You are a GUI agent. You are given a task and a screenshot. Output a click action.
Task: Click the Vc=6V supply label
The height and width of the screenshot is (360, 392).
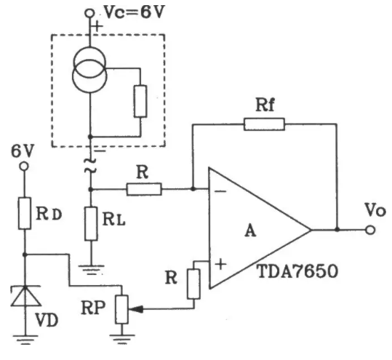point(135,12)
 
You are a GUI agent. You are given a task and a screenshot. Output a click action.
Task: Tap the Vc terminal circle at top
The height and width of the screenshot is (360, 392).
point(89,13)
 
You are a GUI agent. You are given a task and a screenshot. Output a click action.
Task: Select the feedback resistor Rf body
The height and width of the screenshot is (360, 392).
point(264,124)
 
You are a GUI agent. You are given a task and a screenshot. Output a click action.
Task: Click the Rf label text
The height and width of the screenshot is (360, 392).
point(265,105)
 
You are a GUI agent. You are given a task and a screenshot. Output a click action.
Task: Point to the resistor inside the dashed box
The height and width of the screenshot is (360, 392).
point(140,101)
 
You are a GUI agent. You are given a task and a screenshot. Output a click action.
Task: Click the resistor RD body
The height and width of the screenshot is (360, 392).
point(25,213)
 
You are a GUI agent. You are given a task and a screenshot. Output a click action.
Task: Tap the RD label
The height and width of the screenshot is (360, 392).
point(49,214)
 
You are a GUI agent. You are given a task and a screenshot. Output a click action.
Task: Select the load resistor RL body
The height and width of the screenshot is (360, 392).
point(91,224)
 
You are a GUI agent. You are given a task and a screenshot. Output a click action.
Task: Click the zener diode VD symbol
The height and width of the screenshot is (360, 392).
point(25,296)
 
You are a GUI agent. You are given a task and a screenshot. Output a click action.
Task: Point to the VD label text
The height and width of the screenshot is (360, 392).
point(47,320)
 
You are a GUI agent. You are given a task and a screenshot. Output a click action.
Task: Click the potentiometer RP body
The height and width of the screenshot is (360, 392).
point(121,310)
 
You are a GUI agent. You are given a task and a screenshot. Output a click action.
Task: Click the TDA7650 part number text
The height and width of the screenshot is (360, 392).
point(297,271)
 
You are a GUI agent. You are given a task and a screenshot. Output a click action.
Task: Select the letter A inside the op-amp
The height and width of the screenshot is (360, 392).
point(250,231)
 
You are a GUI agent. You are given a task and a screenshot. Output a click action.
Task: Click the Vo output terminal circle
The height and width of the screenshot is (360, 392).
point(370,230)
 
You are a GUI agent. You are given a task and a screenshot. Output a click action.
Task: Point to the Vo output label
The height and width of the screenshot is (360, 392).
point(375,209)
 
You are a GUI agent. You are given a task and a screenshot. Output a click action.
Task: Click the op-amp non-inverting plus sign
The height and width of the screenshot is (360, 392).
point(220,264)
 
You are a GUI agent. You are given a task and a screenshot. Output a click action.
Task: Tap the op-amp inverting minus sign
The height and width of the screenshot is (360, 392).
point(220,192)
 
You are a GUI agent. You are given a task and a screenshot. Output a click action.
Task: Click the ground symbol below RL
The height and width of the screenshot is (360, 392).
point(91,270)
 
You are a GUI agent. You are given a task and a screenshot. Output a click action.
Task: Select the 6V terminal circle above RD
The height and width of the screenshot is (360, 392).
point(24,167)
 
